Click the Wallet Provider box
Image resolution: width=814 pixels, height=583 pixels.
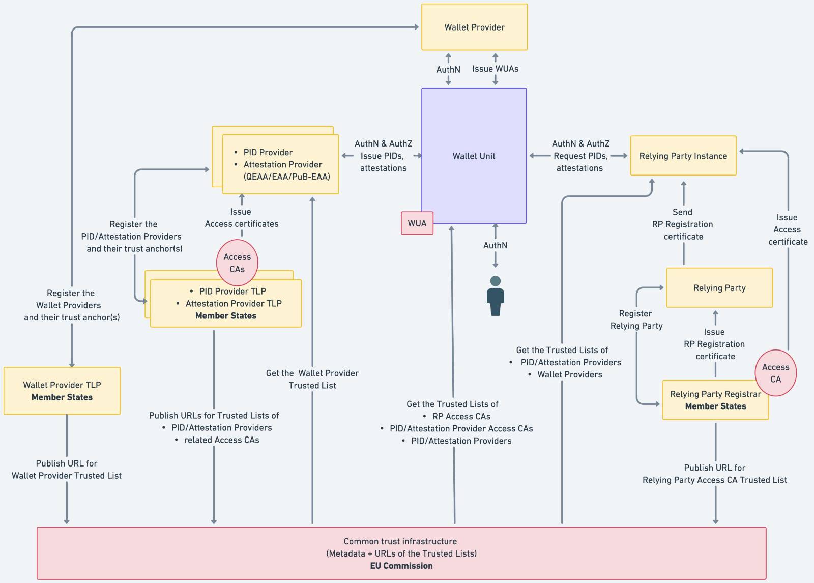coord(474,27)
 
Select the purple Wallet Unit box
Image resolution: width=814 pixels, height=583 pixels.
coord(474,156)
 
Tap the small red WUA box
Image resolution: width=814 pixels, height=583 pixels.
coord(417,223)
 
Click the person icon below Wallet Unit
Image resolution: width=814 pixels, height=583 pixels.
coord(495,296)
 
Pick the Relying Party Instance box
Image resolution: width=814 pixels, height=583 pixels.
coord(683,156)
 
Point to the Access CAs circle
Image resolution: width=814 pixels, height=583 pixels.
coord(237,263)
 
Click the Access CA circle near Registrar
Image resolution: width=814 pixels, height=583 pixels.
coord(775,373)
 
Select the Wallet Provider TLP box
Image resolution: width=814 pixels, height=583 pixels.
coord(62,391)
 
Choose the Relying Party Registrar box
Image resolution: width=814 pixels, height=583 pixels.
coord(715,400)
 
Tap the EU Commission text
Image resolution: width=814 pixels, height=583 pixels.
coord(401,566)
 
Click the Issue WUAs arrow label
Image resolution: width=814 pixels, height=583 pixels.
coord(495,69)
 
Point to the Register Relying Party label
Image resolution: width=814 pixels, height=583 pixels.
coord(636,319)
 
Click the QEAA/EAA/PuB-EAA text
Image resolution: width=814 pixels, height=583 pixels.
coord(286,177)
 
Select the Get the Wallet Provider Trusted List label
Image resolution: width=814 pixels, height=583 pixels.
coord(312,380)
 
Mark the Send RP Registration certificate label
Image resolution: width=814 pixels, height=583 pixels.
coord(683,224)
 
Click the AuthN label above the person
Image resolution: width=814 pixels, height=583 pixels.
coord(495,245)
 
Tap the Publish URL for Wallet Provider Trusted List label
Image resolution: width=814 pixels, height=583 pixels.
coord(67,470)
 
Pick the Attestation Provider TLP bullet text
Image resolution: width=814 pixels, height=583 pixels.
coord(233,303)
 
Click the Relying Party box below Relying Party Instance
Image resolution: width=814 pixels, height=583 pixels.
coord(719,288)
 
